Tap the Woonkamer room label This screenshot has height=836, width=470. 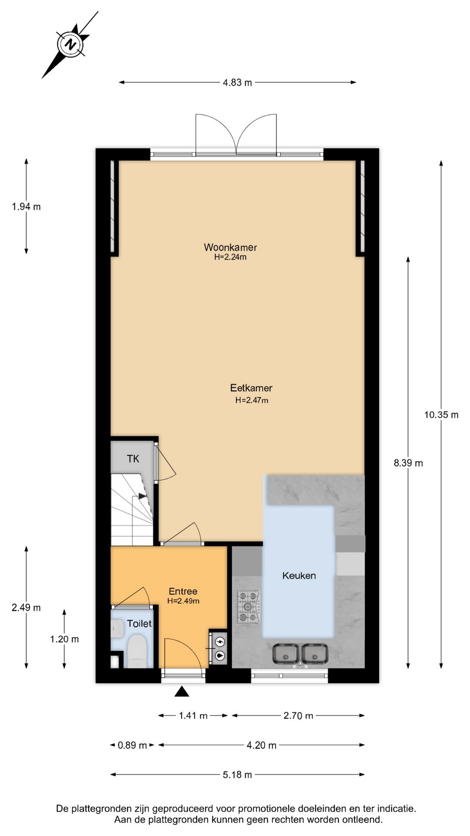[x=230, y=247]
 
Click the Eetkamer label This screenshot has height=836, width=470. [x=251, y=388]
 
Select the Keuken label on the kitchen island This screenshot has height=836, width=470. [x=299, y=576]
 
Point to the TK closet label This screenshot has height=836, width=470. [x=133, y=458]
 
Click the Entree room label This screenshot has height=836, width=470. [x=183, y=591]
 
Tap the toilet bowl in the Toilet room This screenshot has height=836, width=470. [x=137, y=651]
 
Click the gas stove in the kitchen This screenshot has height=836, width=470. [x=248, y=606]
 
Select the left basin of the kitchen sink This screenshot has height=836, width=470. [x=285, y=654]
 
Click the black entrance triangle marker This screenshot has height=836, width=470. [x=181, y=691]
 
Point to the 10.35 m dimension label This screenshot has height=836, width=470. [x=441, y=415]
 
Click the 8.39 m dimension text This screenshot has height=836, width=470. [x=408, y=463]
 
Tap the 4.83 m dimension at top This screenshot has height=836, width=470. [x=237, y=82]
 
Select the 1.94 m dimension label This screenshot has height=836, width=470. [x=26, y=207]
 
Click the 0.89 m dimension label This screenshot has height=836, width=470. [x=132, y=745]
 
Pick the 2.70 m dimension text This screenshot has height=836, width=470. [x=298, y=715]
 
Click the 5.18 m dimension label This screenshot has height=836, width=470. [x=237, y=775]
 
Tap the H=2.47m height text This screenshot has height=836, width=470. [x=252, y=400]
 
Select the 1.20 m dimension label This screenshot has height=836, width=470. [x=64, y=639]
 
